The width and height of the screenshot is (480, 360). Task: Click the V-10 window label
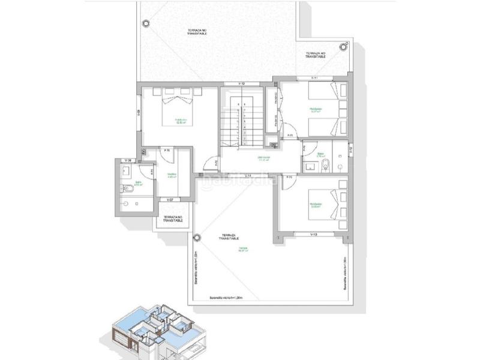coord(242,83)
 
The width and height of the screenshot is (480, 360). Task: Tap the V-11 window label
coord(314,79)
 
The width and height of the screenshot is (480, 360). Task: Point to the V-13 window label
coord(313,233)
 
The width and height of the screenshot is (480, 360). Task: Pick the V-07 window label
coord(170,199)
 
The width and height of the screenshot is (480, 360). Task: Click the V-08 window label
coord(126,161)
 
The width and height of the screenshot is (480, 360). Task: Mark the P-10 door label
coord(167,149)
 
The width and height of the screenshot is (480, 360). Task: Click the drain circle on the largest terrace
coord(145,23)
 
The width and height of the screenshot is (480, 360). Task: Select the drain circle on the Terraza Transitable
coord(197,238)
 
